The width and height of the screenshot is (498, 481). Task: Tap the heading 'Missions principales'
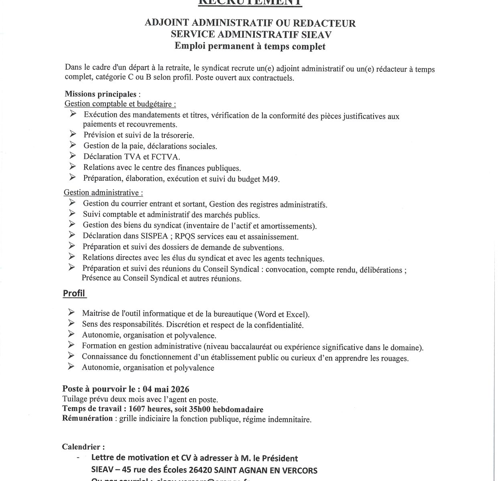[100, 94]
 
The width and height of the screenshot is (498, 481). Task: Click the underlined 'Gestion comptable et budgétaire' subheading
[120, 104]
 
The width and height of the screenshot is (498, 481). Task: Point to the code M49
[270, 179]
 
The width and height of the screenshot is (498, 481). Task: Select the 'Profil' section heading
[74, 293]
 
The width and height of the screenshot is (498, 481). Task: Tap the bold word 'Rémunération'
[87, 418]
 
